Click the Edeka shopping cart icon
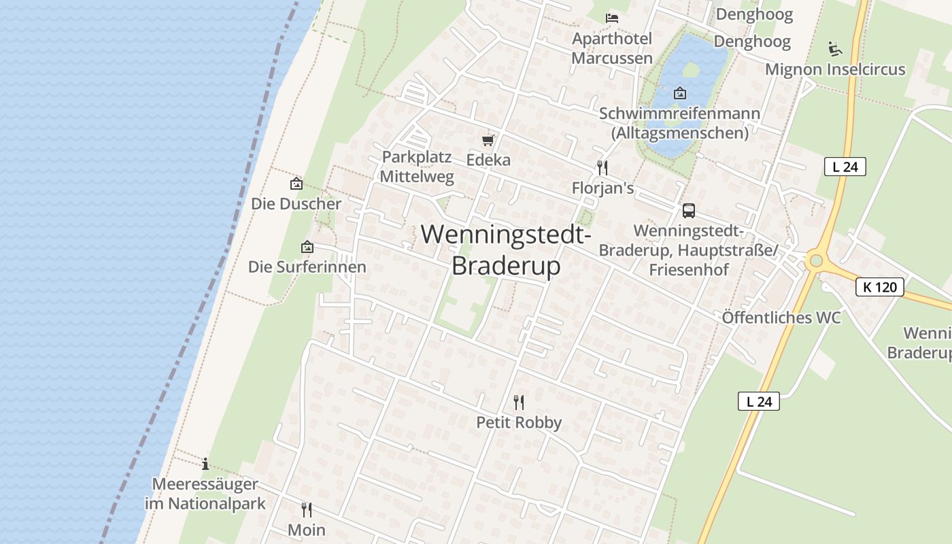coord(488,141)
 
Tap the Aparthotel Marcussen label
coord(611,48)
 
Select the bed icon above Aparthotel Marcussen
coord(612,18)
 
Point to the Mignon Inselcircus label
coord(835,69)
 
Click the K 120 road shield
coord(879,287)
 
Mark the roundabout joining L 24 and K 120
coord(815,260)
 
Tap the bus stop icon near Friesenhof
coord(689,211)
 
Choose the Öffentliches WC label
coord(781,318)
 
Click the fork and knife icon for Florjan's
coord(602,167)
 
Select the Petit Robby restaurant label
coord(519,422)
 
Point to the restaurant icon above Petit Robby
coord(519,402)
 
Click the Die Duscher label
coord(296,204)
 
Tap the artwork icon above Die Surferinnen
coord(307,247)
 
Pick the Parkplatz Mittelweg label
coord(416,167)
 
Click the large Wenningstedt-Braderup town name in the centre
coord(506,250)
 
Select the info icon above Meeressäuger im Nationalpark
coord(205,464)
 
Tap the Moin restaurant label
coord(307,530)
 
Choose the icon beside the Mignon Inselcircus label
coord(835,49)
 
